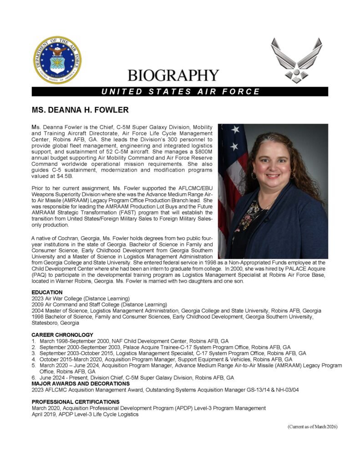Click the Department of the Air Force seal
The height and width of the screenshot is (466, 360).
click(57, 59)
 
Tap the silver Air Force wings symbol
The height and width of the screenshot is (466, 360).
click(296, 59)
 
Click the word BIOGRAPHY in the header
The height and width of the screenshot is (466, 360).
click(173, 75)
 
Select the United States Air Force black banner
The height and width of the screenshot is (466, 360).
click(180, 91)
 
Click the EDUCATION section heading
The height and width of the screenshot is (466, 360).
click(47, 292)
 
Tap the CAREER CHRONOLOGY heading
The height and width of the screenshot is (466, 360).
click(62, 335)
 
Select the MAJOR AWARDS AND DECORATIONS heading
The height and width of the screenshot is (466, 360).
click(80, 384)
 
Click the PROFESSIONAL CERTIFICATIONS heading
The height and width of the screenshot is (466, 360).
click(76, 402)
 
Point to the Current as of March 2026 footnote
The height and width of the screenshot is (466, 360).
click(312, 426)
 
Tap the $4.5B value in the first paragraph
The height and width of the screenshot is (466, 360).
click(63, 176)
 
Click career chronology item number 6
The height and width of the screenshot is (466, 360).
click(132, 378)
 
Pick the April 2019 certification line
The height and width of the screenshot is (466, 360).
click(85, 415)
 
